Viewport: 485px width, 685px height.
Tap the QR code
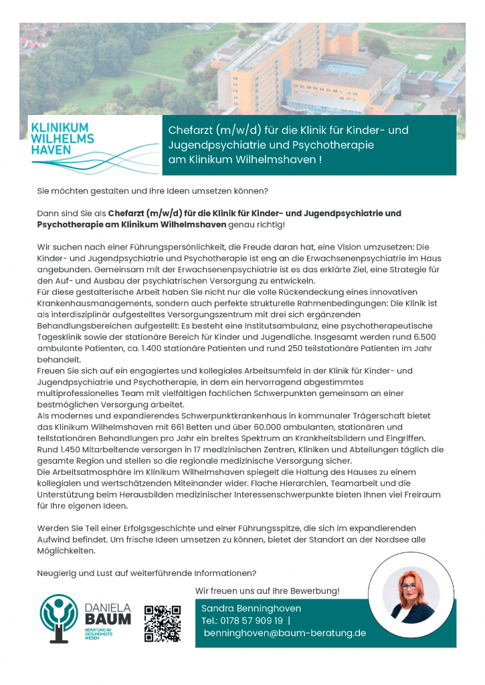click(163, 623)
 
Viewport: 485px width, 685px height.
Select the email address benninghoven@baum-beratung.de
click(284, 633)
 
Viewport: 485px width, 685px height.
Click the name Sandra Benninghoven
click(251, 609)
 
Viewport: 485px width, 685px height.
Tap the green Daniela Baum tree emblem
click(59, 616)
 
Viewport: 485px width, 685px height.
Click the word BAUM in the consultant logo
click(108, 619)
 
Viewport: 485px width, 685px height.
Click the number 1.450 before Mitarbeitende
click(74, 450)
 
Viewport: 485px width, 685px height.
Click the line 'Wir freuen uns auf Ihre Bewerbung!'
click(267, 591)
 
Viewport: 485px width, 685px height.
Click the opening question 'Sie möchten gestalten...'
click(153, 191)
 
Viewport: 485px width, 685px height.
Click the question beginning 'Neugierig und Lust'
click(147, 573)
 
